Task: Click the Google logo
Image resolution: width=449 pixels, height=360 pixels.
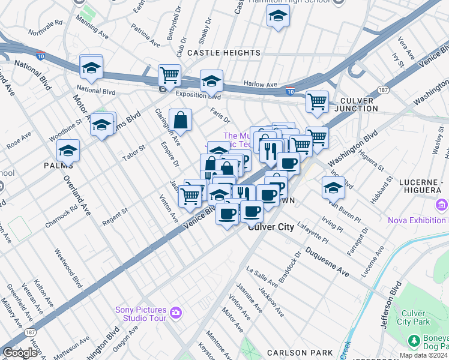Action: point(20,353)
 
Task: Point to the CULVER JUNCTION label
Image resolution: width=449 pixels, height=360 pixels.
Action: point(359,104)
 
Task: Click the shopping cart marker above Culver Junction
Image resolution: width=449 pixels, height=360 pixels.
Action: point(316,101)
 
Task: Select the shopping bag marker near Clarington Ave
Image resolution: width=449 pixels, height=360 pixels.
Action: point(180,119)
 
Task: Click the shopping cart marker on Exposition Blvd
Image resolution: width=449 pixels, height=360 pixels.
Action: point(169,76)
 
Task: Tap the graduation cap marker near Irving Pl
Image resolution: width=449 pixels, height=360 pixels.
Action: point(333,187)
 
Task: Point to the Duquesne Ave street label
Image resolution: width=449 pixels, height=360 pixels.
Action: point(327,262)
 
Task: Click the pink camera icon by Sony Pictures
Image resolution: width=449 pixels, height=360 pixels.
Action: point(175,312)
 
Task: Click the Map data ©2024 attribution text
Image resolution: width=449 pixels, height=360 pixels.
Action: point(424,355)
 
